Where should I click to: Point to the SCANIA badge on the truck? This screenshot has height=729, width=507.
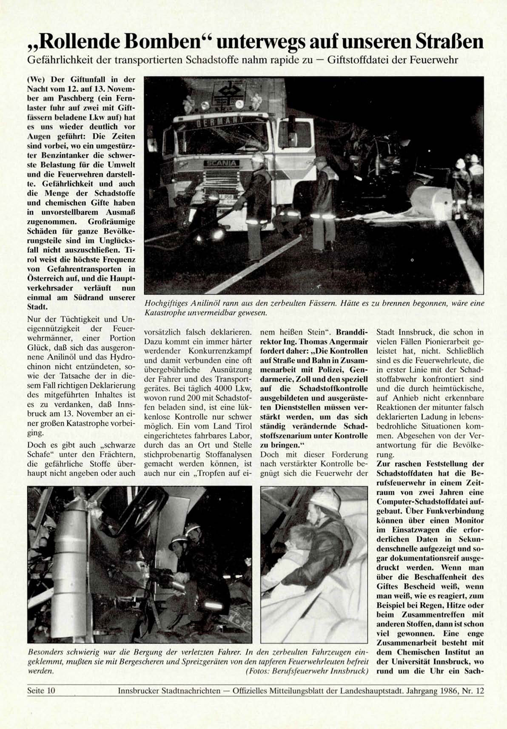221,163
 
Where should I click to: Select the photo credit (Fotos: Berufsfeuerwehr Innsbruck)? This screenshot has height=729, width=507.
307,671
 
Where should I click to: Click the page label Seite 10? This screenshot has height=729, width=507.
41,691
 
